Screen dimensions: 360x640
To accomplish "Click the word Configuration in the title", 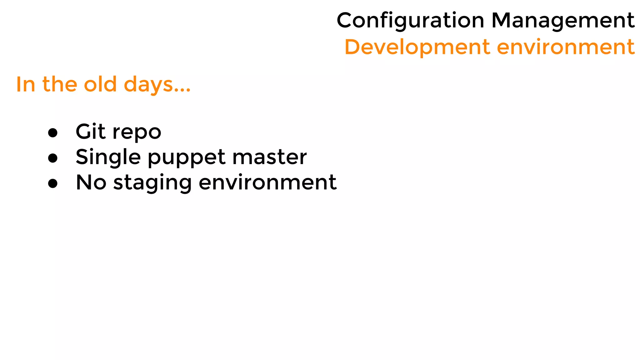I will coord(410,21).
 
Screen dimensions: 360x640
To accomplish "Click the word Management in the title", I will coord(563,21).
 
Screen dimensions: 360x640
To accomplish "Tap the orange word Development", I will coord(417,47).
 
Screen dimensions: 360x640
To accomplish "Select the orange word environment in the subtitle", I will coord(566,47).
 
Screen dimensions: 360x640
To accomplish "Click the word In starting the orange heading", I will coord(26,84).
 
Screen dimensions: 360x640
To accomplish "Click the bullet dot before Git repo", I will coord(53,132).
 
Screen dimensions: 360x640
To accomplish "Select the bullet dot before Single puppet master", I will coord(53,158).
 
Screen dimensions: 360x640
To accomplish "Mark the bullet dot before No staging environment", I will coord(53,183).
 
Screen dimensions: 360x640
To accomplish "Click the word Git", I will coord(90,131).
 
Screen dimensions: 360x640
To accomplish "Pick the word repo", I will coord(137,133).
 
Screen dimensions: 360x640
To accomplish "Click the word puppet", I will coord(187,158).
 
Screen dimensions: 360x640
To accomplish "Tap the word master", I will coord(269,157).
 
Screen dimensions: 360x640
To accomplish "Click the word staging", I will coord(152,184).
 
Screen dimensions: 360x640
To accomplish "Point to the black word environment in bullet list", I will coord(267,182).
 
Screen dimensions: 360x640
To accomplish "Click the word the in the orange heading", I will coord(60,84).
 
